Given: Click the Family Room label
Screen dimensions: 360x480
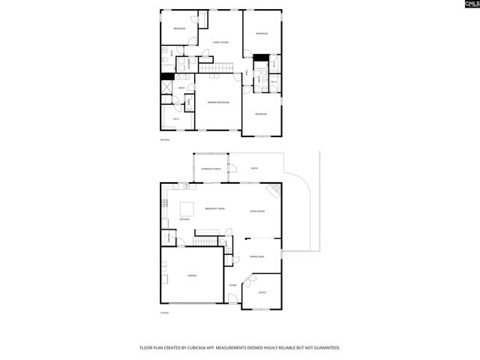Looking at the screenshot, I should tap(220, 42).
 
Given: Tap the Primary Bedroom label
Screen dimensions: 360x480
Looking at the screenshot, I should tap(218, 102).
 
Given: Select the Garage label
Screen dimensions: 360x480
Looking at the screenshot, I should tap(192, 277).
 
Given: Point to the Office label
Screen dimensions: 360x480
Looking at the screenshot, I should tap(262, 292).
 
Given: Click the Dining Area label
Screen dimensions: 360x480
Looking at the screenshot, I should tap(257, 256).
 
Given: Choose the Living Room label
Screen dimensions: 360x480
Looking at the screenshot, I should tap(257, 211).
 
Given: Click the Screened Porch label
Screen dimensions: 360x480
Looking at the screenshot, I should tap(211, 169).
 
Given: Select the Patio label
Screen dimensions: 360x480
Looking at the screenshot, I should tap(254, 168).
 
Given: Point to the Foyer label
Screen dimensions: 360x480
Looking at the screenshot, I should tap(233, 285).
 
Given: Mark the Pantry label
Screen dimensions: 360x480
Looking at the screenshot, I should tap(170, 238).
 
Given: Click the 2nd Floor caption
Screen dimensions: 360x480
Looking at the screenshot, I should tap(164, 140).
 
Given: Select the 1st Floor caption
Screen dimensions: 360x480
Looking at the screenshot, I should tap(163, 313).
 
